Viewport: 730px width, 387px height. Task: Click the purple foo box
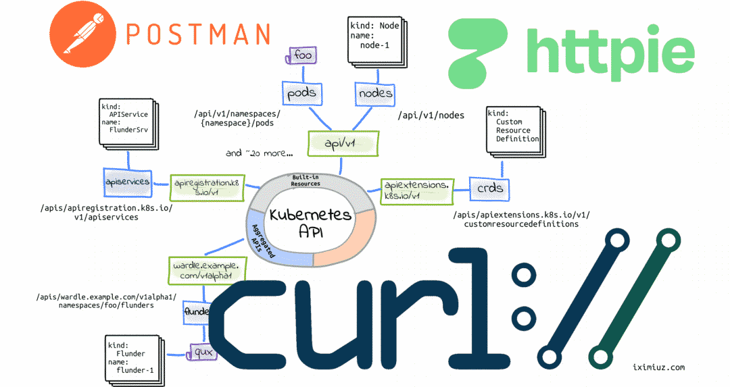pyautogui.click(x=302, y=55)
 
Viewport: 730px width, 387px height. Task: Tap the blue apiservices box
pyautogui.click(x=126, y=182)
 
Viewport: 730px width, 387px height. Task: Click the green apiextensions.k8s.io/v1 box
pyautogui.click(x=416, y=190)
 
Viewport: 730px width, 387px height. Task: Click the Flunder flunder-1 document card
pyautogui.click(x=135, y=356)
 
